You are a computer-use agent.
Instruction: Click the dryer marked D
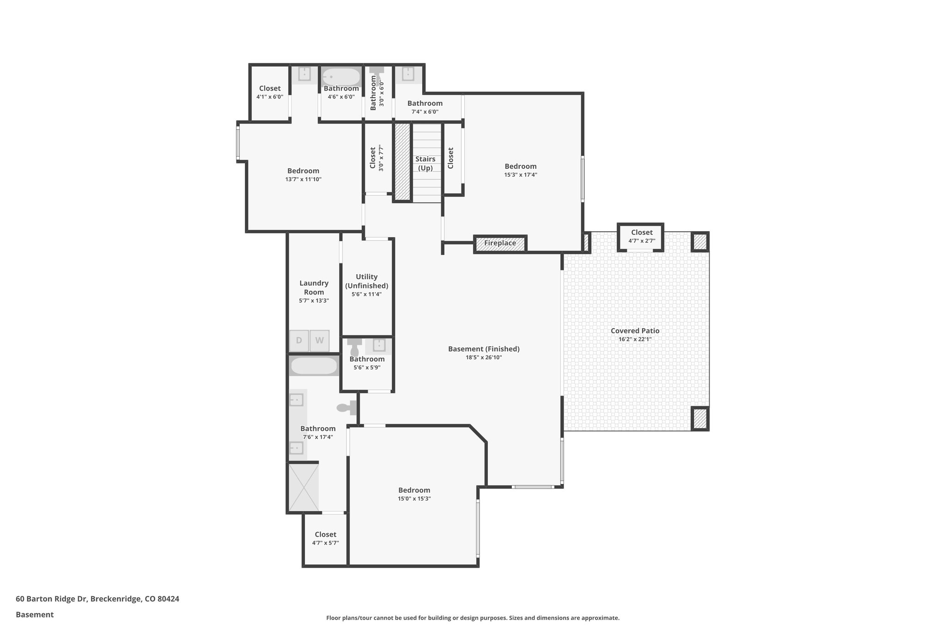(299, 341)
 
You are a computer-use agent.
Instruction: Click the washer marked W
(319, 341)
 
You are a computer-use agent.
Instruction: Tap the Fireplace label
(500, 243)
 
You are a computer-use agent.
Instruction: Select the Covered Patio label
(635, 331)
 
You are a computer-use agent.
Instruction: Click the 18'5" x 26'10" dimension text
(484, 357)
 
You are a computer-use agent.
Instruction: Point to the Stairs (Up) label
(425, 163)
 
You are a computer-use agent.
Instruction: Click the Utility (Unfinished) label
(367, 281)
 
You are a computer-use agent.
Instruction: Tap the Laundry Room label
(314, 288)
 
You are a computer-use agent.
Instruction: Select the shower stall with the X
(303, 486)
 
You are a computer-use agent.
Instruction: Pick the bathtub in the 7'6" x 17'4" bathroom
(314, 366)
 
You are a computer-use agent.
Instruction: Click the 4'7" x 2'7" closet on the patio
(641, 236)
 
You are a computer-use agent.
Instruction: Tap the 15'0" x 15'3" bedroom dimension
(414, 498)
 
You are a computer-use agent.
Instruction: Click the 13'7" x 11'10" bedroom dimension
(303, 179)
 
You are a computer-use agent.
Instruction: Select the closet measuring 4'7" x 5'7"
(325, 539)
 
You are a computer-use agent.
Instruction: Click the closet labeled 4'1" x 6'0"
(270, 92)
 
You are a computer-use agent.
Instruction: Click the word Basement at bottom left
(35, 614)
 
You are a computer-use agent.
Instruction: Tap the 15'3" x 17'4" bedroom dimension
(521, 175)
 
